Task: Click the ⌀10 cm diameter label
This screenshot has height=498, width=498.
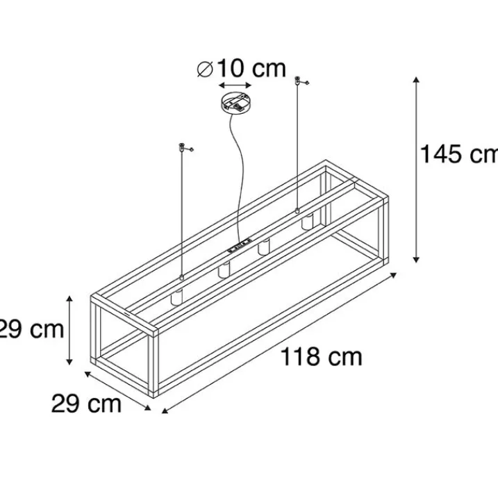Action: (x=242, y=68)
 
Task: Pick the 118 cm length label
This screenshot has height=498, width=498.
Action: (x=321, y=357)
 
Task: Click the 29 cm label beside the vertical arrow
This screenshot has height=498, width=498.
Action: (x=31, y=329)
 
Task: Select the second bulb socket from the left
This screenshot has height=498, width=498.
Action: (x=223, y=272)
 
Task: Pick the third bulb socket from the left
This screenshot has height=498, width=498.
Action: (x=263, y=247)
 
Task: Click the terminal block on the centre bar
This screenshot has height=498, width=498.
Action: (x=240, y=245)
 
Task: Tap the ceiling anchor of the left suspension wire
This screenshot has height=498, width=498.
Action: (x=181, y=147)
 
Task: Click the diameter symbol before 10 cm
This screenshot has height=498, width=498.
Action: (x=204, y=68)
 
